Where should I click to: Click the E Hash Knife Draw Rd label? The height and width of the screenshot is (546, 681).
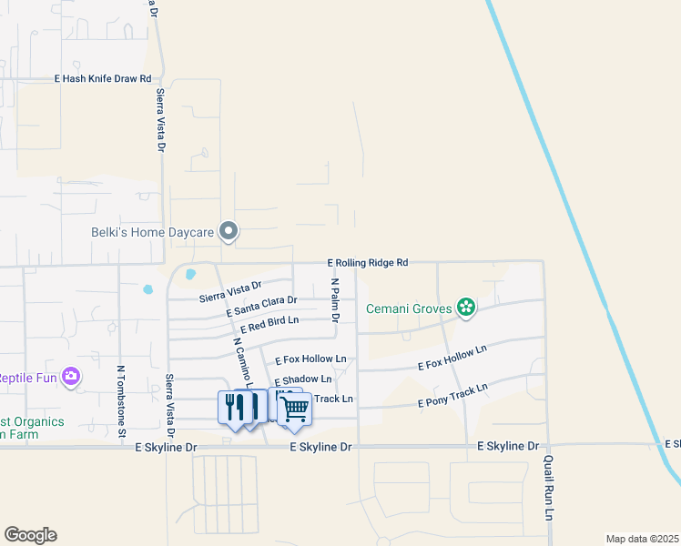(103, 79)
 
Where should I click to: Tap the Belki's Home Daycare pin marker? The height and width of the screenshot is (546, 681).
(229, 233)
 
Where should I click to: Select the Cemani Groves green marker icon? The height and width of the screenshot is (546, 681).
(466, 308)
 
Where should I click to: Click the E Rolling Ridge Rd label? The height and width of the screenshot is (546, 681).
(367, 263)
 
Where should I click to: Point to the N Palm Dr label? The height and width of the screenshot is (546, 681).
(335, 300)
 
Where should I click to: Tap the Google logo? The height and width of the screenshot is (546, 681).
(30, 535)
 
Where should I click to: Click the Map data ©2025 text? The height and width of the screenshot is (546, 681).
(642, 538)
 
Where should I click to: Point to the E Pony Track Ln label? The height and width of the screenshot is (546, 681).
(452, 396)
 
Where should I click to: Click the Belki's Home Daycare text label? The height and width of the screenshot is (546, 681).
(152, 233)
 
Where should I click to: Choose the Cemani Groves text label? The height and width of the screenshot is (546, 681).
(409, 309)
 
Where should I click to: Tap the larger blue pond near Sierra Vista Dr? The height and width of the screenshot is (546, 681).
(189, 273)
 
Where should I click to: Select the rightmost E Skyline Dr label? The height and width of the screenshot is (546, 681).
(672, 444)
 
